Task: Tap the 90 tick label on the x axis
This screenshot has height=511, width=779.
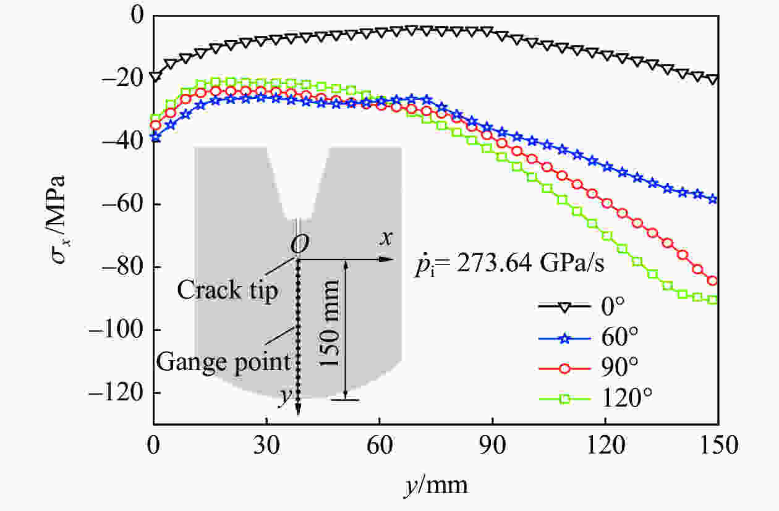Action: pos(492,446)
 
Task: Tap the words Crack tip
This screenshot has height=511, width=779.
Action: pos(228,290)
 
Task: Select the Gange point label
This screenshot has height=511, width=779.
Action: pos(223,361)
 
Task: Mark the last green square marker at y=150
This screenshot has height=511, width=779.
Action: pos(712,300)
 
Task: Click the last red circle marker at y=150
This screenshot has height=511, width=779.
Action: pos(712,281)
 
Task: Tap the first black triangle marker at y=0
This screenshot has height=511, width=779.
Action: pos(155,77)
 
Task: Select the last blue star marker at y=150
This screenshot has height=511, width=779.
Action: pos(713,199)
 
